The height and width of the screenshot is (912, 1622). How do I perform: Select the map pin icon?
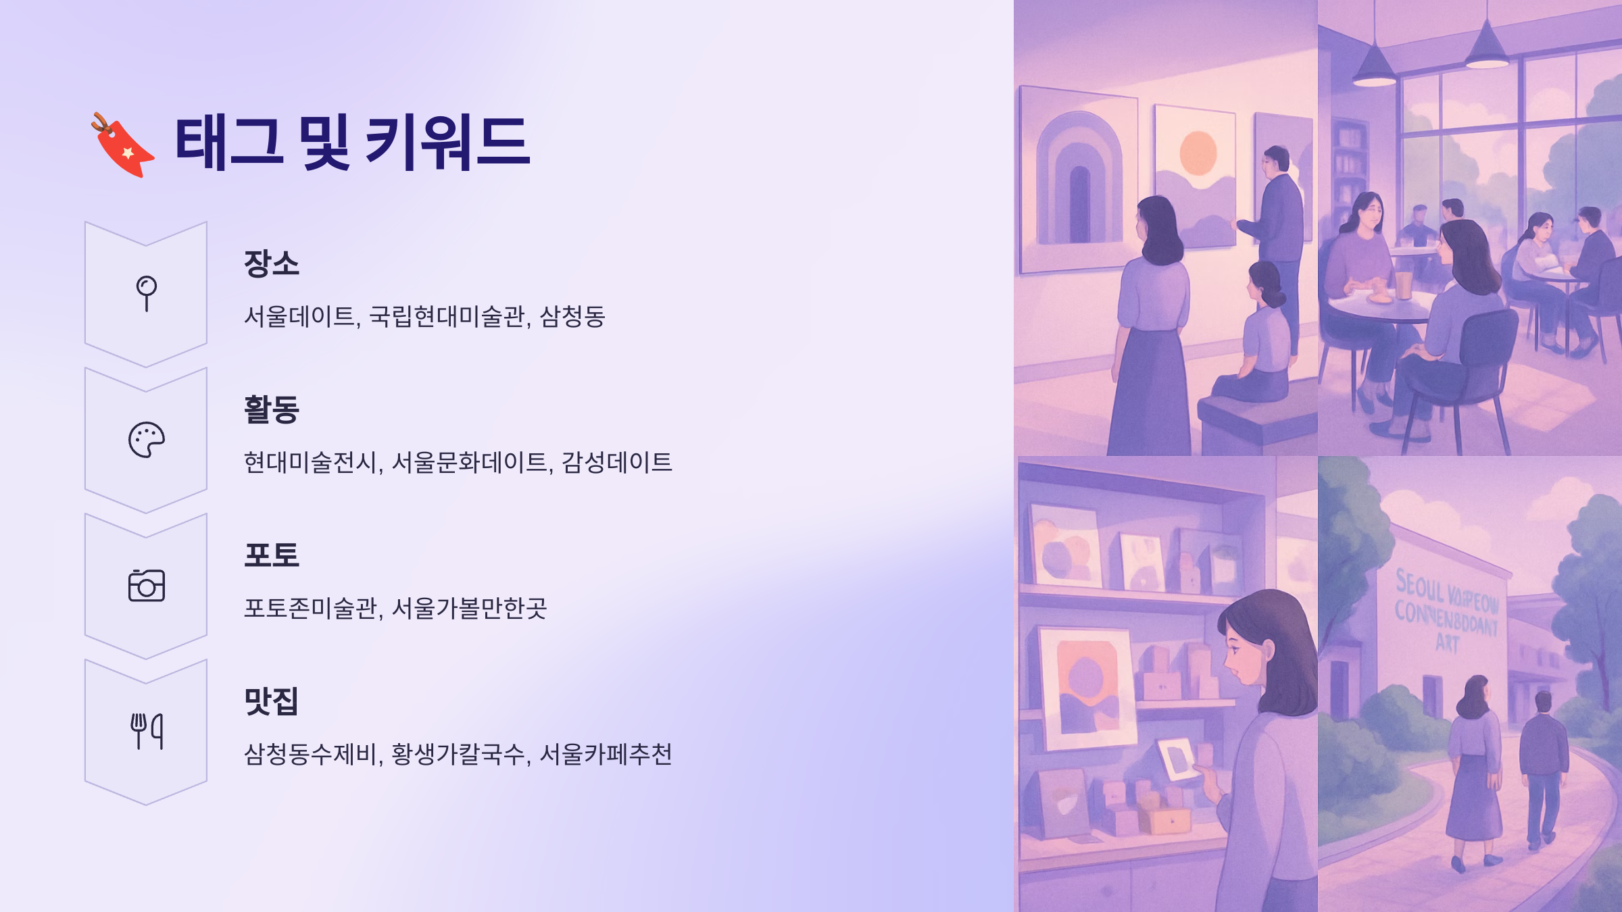[146, 293]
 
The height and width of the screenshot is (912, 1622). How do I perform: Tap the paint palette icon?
[146, 440]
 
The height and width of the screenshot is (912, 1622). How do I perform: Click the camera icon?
[146, 586]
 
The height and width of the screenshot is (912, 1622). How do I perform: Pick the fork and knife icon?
[146, 731]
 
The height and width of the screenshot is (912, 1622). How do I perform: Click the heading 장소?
[271, 263]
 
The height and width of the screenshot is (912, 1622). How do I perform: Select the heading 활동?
[271, 409]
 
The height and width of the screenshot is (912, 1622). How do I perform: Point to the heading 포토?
[271, 555]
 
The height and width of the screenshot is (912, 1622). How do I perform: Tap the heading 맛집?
[271, 701]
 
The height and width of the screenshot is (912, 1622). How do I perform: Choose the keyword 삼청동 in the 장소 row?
[572, 316]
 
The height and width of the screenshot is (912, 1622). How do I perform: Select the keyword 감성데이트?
[616, 462]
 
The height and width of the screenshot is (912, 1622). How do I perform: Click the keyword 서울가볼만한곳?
[469, 608]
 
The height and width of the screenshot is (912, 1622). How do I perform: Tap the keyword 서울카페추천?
[606, 754]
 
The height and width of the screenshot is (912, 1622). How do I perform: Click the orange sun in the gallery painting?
[1198, 153]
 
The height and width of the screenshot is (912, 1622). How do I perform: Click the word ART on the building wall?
[1447, 642]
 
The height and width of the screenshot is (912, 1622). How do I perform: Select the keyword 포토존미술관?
[310, 608]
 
